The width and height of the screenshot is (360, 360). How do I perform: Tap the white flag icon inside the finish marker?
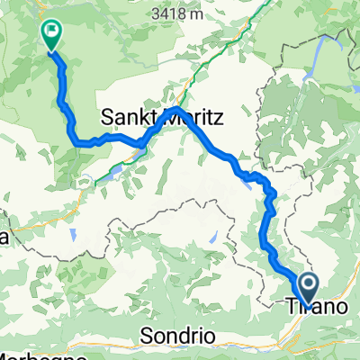pos(50,31)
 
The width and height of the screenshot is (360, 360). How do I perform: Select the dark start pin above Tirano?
pos(307,287)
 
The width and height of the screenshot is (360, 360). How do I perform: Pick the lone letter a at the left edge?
pos(4,239)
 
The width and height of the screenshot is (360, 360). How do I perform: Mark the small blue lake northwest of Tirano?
pos(212,238)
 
